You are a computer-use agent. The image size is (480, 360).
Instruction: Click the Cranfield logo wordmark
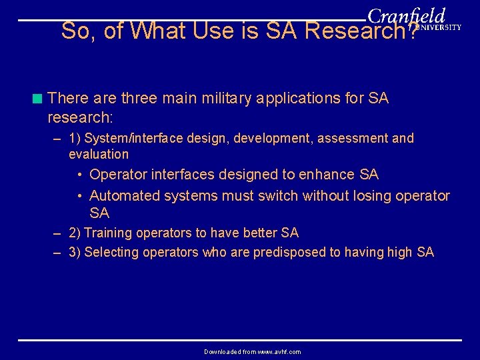click(x=406, y=16)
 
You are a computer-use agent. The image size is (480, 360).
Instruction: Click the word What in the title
click(x=159, y=31)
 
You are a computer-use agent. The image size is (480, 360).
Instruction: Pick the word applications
click(x=312, y=99)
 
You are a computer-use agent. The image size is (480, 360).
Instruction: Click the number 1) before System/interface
click(x=75, y=139)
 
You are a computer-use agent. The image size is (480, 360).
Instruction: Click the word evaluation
click(x=99, y=154)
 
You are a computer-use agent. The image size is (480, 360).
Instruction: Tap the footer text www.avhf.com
click(x=277, y=351)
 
